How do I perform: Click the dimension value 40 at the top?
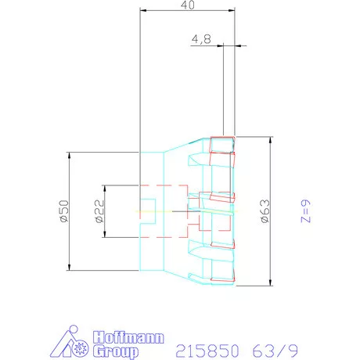click(x=187, y=5)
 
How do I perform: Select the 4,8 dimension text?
click(x=201, y=39)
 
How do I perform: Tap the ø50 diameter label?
click(x=64, y=211)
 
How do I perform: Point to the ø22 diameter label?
click(x=99, y=211)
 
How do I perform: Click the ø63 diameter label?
click(x=265, y=211)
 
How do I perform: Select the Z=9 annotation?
click(x=306, y=211)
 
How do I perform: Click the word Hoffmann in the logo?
click(x=128, y=338)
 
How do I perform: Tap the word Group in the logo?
click(x=116, y=351)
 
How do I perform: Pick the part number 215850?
click(x=207, y=351)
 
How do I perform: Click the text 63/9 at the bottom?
click(x=275, y=351)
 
